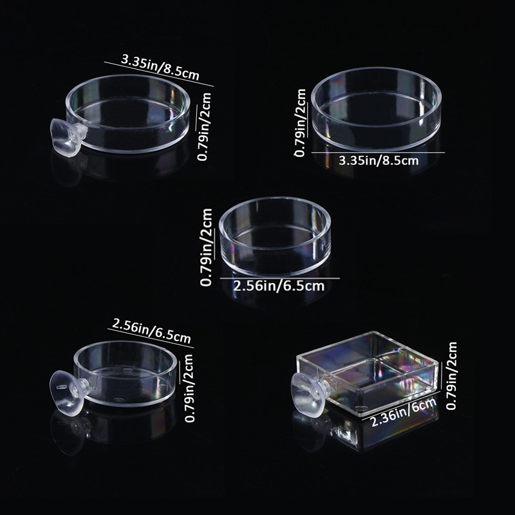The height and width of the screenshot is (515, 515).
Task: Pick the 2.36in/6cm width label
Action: point(404,412)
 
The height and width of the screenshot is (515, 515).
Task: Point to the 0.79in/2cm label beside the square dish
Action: point(452,375)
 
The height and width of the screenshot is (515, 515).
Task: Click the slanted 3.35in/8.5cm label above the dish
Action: point(160,68)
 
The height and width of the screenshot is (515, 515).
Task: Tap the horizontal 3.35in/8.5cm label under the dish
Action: point(379,160)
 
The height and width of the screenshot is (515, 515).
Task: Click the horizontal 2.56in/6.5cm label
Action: point(279,286)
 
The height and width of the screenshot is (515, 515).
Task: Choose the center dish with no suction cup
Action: point(275,236)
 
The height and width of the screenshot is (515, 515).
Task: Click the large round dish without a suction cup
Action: point(376,109)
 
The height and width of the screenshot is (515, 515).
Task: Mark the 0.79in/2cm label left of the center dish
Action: point(207,248)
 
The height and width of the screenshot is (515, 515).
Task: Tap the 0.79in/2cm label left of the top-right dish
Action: point(300,123)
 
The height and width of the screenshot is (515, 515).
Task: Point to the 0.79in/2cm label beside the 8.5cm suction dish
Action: point(204,126)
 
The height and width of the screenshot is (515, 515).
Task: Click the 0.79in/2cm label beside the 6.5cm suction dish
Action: point(189,388)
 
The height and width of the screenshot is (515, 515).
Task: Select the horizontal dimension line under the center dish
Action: point(280,278)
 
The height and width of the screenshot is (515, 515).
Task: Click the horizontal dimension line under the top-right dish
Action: point(378,153)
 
